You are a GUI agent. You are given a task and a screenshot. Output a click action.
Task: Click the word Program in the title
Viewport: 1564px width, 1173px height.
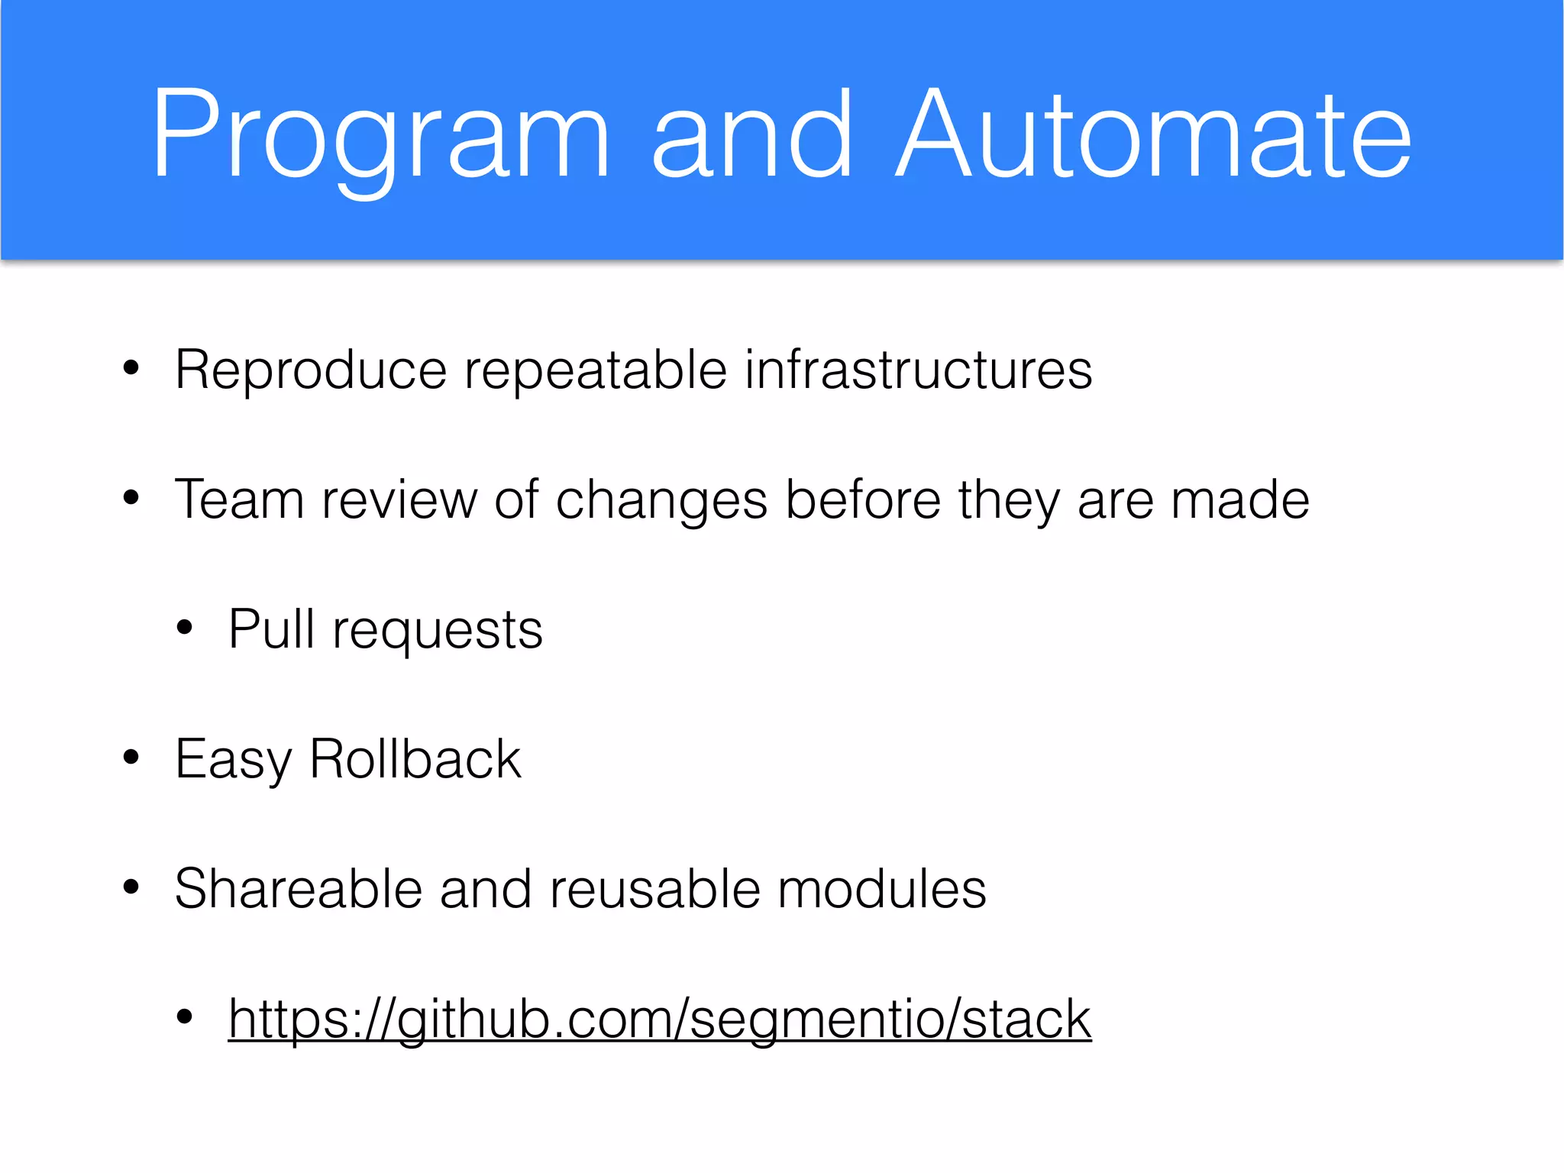380,137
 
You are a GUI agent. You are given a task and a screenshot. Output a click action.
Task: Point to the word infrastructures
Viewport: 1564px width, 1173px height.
918,370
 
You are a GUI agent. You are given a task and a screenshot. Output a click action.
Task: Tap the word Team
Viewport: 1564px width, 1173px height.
239,500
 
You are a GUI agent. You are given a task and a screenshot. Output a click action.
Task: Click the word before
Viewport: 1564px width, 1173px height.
863,500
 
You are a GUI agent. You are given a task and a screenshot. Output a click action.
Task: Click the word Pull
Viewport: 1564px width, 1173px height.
271,630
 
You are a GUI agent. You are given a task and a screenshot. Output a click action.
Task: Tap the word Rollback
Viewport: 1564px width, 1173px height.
415,760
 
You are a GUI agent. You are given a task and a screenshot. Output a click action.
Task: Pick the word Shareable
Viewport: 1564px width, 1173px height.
298,890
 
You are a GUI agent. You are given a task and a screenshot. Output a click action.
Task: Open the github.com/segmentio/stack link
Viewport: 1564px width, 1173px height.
659,1020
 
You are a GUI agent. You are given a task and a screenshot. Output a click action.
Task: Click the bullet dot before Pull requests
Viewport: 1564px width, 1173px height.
184,629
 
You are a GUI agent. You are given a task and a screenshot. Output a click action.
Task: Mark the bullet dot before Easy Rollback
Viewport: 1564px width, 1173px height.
131,758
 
